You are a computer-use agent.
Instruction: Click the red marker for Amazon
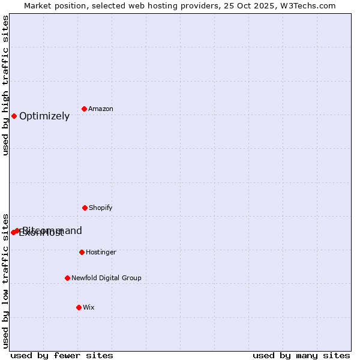coord(85,109)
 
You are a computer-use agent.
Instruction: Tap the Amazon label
coord(101,109)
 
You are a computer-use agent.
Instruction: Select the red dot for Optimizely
coord(14,116)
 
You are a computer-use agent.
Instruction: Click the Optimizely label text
coord(44,116)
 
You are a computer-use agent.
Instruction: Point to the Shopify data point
coord(85,208)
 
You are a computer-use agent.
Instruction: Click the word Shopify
coord(101,208)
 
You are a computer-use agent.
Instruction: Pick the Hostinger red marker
coord(82,252)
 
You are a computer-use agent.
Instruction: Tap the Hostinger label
coord(101,252)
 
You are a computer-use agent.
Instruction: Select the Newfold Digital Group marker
coord(67,278)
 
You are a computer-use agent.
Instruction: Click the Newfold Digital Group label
coord(106,278)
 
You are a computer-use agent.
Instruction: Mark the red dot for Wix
coord(79,307)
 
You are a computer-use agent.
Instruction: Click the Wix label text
coord(89,307)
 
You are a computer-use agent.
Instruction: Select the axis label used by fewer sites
coord(62,355)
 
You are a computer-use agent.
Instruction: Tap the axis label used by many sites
coord(301,355)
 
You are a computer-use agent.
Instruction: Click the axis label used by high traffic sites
coord(5,86)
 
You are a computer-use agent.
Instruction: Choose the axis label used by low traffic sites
coord(5,280)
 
